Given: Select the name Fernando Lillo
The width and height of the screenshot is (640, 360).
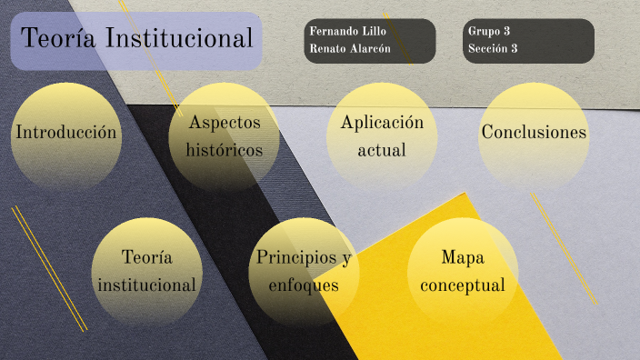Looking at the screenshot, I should (347, 31).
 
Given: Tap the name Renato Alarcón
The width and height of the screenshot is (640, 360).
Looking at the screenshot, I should (349, 48).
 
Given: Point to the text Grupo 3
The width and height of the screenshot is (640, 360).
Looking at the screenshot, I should (488, 31).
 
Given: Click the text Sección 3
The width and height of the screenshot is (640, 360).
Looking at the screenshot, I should (493, 48).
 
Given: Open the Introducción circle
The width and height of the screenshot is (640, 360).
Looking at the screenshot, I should (66, 133).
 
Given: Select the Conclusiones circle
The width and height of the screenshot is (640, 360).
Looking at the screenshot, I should (534, 133).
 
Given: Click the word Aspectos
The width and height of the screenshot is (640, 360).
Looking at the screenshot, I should (225, 122).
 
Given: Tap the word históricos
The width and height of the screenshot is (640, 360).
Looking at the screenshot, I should (225, 149).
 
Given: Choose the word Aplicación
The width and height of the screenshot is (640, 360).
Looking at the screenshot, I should (382, 122).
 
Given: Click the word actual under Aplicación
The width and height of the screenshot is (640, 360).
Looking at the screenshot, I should (382, 149).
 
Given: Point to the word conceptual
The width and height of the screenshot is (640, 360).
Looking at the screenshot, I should (462, 285).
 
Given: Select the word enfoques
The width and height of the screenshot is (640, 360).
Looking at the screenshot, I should (304, 285).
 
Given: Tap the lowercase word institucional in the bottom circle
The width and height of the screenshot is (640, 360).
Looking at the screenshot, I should (147, 285).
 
